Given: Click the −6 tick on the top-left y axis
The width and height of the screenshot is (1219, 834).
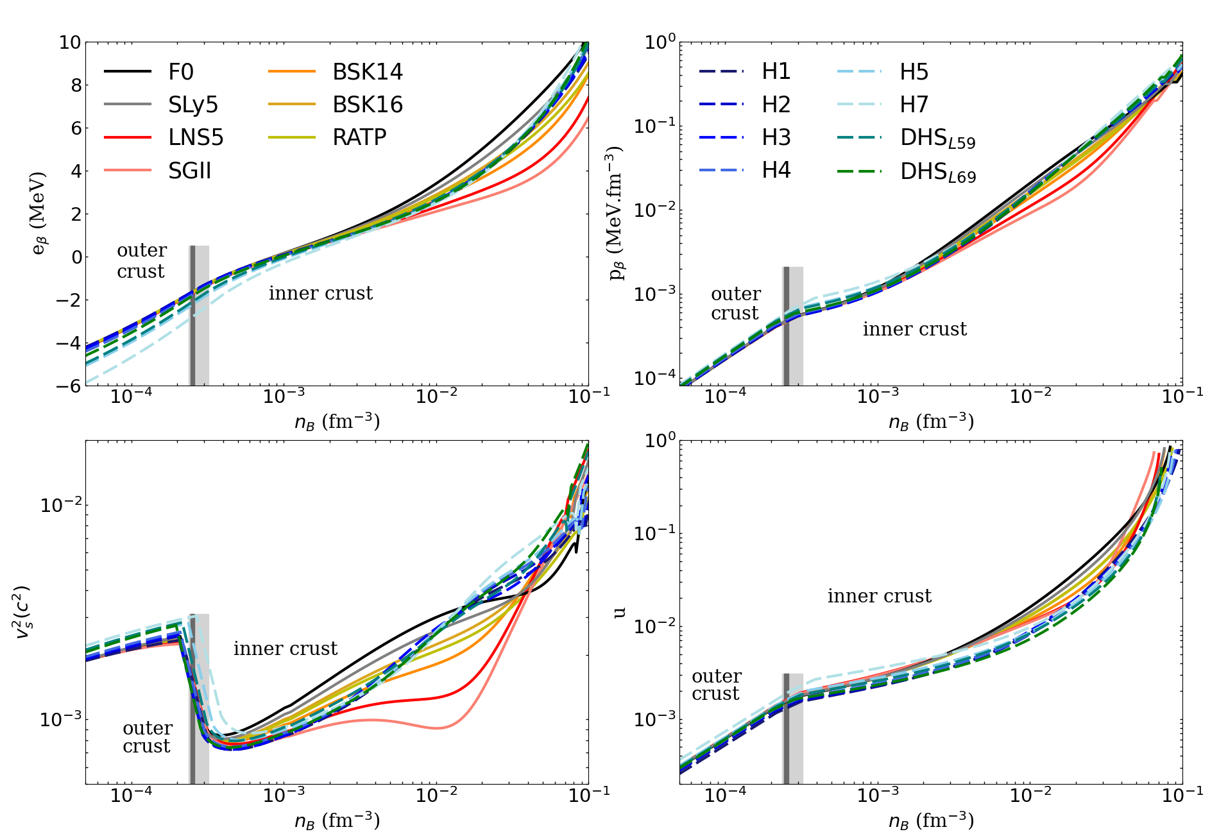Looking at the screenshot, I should coord(69,386).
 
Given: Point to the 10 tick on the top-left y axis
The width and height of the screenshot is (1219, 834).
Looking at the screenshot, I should coord(70,42).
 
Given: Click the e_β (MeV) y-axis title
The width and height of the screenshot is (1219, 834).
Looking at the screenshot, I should coord(39,213).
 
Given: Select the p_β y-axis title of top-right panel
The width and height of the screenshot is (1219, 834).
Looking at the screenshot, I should coord(617,213).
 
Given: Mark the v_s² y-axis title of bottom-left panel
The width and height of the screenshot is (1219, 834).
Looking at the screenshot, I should coord(23,612).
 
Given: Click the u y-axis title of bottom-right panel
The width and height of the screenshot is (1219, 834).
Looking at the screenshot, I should coord(619,612).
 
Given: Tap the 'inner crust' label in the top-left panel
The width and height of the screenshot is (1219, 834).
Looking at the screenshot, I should coord(320,293).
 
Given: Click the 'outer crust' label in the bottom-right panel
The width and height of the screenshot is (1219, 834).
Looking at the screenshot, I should coord(716,685).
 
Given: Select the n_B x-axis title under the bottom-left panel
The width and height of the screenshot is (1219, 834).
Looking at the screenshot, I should coord(337,821).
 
